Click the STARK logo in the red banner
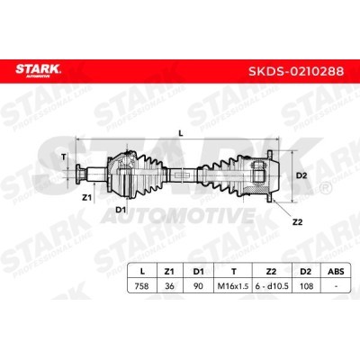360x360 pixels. click(x=38, y=71)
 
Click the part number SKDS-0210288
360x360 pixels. click(x=296, y=71)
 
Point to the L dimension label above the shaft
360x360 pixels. click(x=181, y=134)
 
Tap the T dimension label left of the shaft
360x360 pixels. click(x=63, y=157)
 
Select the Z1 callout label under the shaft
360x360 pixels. click(x=86, y=197)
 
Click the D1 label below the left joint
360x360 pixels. click(x=121, y=210)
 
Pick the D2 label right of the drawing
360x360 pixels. click(x=301, y=175)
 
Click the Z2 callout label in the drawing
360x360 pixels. click(x=297, y=222)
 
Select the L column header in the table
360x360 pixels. click(x=142, y=272)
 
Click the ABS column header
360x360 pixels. click(x=336, y=272)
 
